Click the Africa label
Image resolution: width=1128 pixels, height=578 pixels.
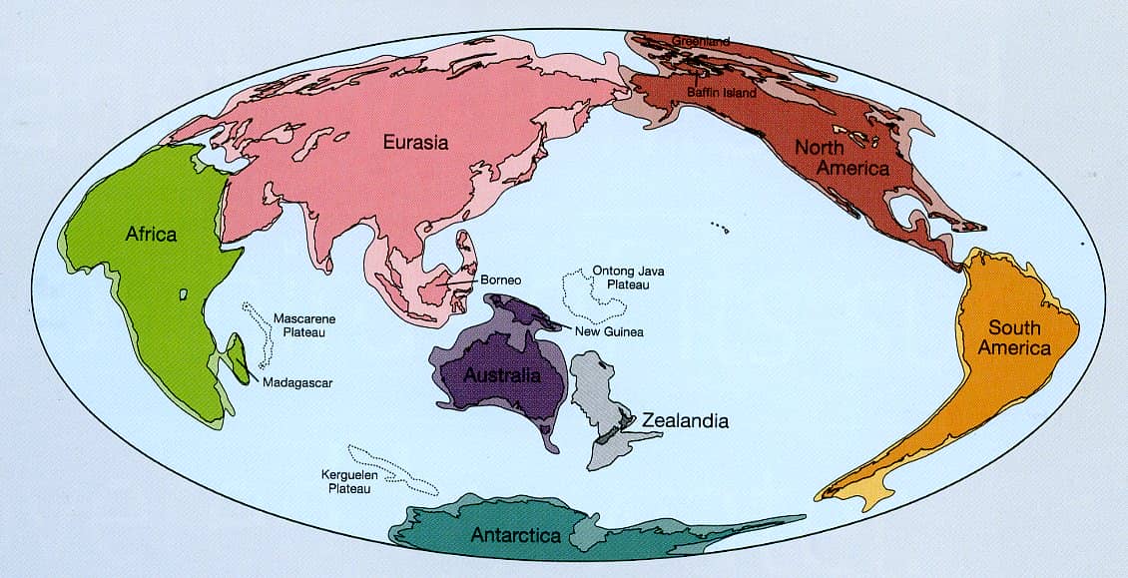coord(151,235)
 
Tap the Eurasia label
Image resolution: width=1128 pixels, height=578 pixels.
coord(416,143)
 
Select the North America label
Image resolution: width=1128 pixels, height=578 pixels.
coord(842,159)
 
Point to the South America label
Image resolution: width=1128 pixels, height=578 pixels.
coord(1014,338)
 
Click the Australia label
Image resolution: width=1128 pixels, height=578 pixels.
coord(503,376)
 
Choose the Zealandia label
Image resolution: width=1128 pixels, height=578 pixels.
coord(685,420)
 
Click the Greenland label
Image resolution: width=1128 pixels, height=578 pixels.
coord(701,42)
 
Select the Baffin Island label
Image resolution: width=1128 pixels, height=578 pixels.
coord(722,93)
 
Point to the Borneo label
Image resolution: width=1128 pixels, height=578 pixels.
coord(502,281)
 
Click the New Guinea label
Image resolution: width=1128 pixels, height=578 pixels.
coord(608,331)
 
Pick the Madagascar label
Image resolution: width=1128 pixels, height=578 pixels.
coord(298,381)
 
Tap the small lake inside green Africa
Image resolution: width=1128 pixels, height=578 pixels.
coord(183,293)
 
